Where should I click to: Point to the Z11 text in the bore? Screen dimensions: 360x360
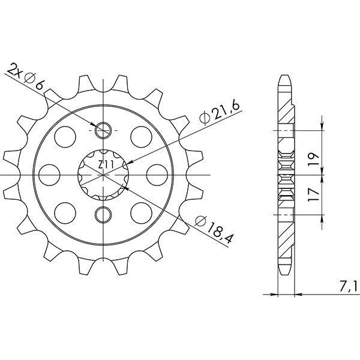104,163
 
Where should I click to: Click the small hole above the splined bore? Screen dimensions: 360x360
104,128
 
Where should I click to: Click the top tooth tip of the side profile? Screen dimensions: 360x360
286,77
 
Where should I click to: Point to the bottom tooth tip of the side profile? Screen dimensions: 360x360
286,271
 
